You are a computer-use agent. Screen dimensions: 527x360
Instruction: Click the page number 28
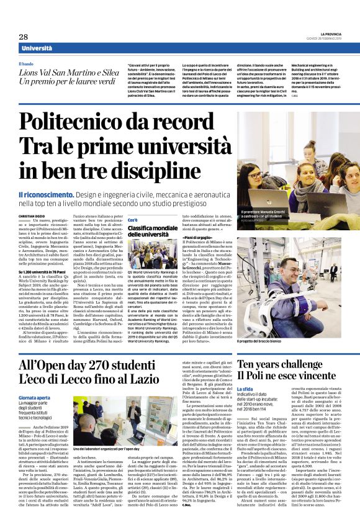pos(23,37)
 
